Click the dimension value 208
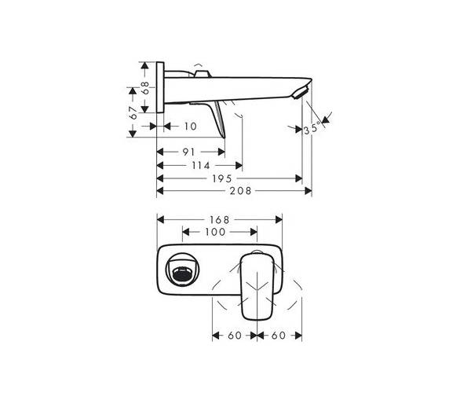click(x=240, y=191)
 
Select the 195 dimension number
click(x=222, y=178)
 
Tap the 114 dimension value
click(x=201, y=165)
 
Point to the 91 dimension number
click(x=188, y=152)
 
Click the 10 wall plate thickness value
click(x=191, y=127)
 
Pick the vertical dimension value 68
click(x=145, y=87)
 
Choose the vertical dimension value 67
click(x=133, y=113)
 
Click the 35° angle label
click(x=312, y=129)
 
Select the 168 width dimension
click(x=220, y=220)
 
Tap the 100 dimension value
click(x=215, y=232)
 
